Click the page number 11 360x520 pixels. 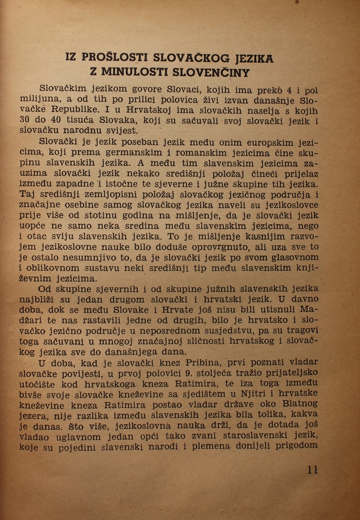click(x=313, y=470)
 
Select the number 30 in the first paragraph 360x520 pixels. click(x=25, y=120)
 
